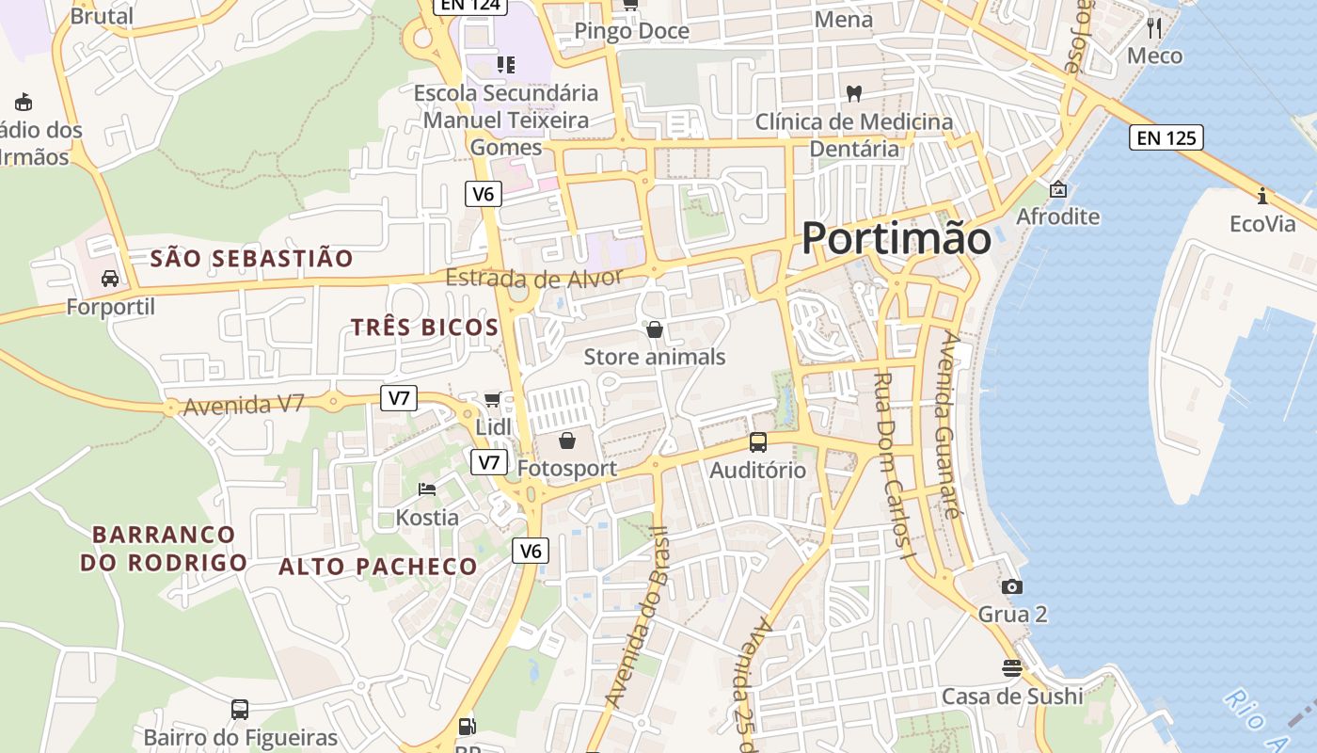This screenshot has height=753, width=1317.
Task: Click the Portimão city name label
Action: pos(896,239)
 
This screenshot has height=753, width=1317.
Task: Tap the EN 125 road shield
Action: pos(1166,138)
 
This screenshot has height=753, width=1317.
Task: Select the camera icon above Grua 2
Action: pos(1012,586)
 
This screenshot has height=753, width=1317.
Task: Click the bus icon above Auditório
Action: pos(758,441)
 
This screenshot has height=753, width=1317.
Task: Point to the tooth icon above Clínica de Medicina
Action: pos(854,93)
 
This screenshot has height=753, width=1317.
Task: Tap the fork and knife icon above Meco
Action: pos(1155,27)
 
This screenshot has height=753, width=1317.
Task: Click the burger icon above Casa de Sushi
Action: pos(1012,668)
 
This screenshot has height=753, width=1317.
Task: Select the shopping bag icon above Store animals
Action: pos(655,329)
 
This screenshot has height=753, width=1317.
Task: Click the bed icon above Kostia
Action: pos(427,489)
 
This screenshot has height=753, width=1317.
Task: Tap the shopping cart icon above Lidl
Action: pos(492,400)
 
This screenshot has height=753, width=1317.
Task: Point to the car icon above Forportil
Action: pos(110,279)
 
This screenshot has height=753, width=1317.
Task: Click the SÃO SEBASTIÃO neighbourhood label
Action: pos(252,258)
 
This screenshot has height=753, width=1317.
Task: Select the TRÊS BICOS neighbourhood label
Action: pos(424,328)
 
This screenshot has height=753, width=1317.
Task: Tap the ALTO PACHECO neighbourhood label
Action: pos(378,567)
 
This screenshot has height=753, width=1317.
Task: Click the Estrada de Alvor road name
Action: pos(533,279)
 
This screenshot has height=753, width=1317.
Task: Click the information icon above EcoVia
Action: pos(1262,196)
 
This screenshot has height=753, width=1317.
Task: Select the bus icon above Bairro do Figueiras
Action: pos(240,709)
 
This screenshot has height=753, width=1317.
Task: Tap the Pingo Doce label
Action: pos(631,31)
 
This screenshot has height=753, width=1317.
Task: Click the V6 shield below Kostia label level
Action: pos(531,551)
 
